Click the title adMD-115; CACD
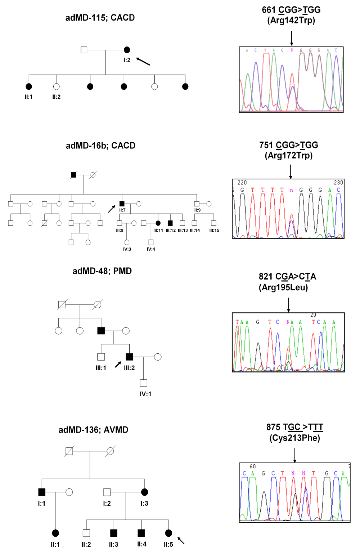[100, 18]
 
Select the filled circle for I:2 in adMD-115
[127, 50]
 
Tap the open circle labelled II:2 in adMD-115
[56, 86]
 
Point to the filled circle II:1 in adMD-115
[29, 86]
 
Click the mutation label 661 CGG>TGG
[291, 10]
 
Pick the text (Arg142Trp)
[291, 20]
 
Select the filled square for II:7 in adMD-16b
[122, 204]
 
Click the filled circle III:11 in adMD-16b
[158, 223]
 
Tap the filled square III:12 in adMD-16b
[170, 223]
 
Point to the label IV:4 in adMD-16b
[151, 249]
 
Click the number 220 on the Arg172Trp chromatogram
[242, 183]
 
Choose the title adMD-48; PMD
[102, 271]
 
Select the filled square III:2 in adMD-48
[129, 357]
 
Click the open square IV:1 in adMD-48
[144, 383]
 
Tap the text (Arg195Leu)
[283, 287]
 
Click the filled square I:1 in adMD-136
[42, 492]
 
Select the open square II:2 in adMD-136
[86, 533]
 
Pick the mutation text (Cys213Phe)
[294, 438]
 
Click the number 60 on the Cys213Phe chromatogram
[252, 466]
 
